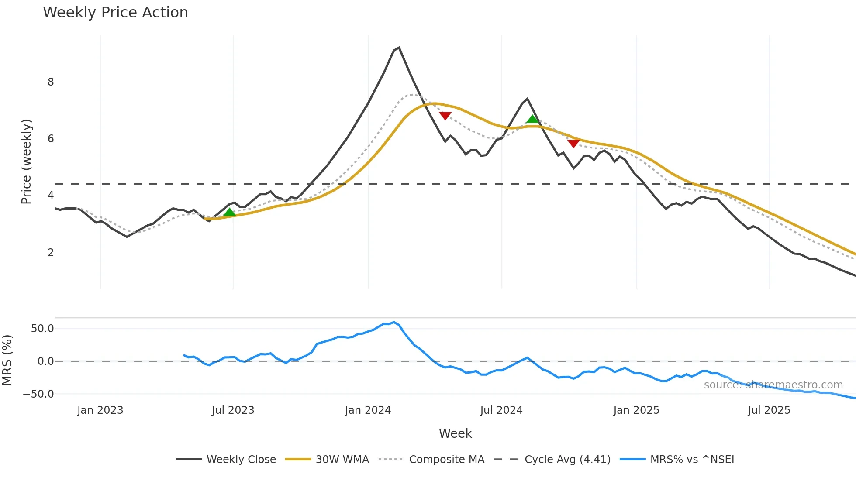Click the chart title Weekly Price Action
[115, 13]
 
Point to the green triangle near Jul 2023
[229, 213]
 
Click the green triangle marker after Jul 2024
[532, 119]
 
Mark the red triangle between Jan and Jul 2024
[445, 116]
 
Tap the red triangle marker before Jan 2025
[573, 143]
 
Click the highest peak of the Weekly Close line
[399, 48]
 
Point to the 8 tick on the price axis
[51, 82]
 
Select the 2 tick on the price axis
[51, 253]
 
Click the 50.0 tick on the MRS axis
[42, 329]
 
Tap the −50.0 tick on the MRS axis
[38, 394]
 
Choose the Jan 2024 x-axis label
[368, 410]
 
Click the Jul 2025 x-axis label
[769, 410]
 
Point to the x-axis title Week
[455, 433]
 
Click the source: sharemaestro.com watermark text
[773, 385]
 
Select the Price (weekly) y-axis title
[26, 161]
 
